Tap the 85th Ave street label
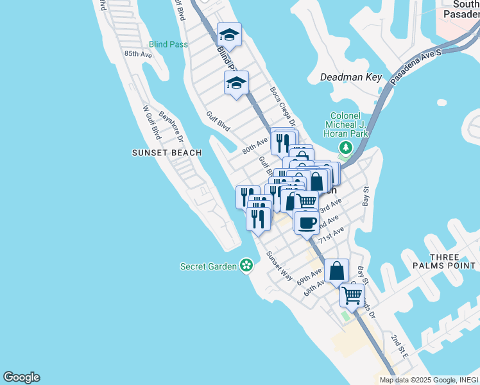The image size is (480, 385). (x=138, y=55)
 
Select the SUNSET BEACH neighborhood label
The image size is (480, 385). (x=167, y=153)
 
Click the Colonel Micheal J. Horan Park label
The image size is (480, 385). (x=346, y=125)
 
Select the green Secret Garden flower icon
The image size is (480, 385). (x=246, y=265)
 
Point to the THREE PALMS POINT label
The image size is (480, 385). (x=453, y=261)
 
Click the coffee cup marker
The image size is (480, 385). (x=307, y=222)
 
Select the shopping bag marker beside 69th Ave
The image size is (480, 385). (x=337, y=271)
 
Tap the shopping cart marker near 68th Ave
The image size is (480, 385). (x=352, y=295)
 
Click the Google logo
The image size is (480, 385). (x=21, y=377)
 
